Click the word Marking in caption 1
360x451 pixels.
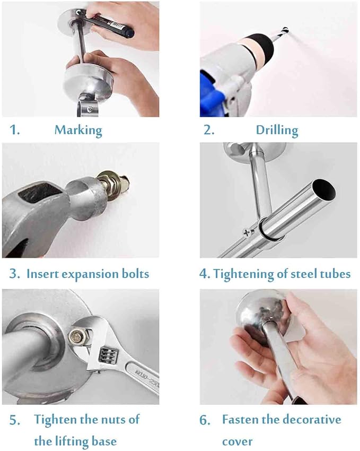click(x=78, y=131)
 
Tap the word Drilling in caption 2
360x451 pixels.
click(x=277, y=131)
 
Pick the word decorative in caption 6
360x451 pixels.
click(x=311, y=419)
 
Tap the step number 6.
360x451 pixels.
click(x=205, y=420)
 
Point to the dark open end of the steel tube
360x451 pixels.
click(x=324, y=190)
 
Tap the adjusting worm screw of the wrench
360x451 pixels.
click(x=107, y=356)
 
